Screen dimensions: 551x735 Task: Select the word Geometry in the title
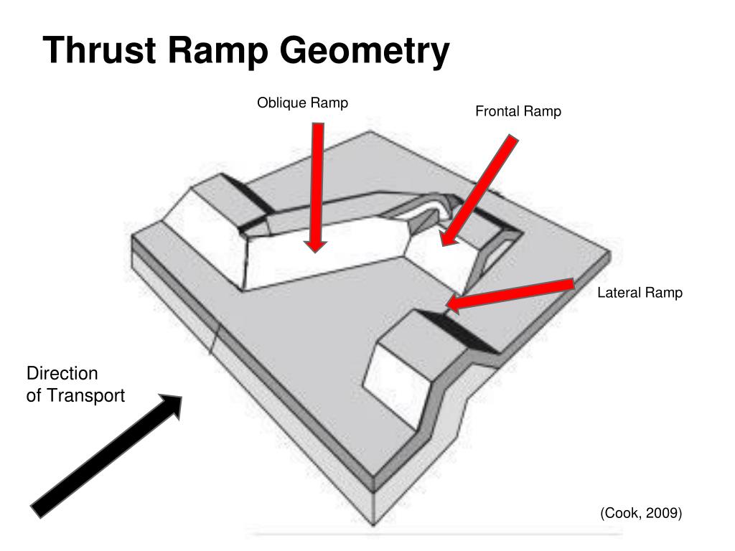coord(365,52)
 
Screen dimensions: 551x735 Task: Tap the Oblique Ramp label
coord(302,103)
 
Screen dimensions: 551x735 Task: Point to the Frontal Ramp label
coord(518,112)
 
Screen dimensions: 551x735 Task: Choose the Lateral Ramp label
coord(640,293)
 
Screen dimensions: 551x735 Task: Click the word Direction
coord(62,374)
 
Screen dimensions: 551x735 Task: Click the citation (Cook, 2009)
coord(641,513)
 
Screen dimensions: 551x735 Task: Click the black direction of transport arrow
coord(106,453)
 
